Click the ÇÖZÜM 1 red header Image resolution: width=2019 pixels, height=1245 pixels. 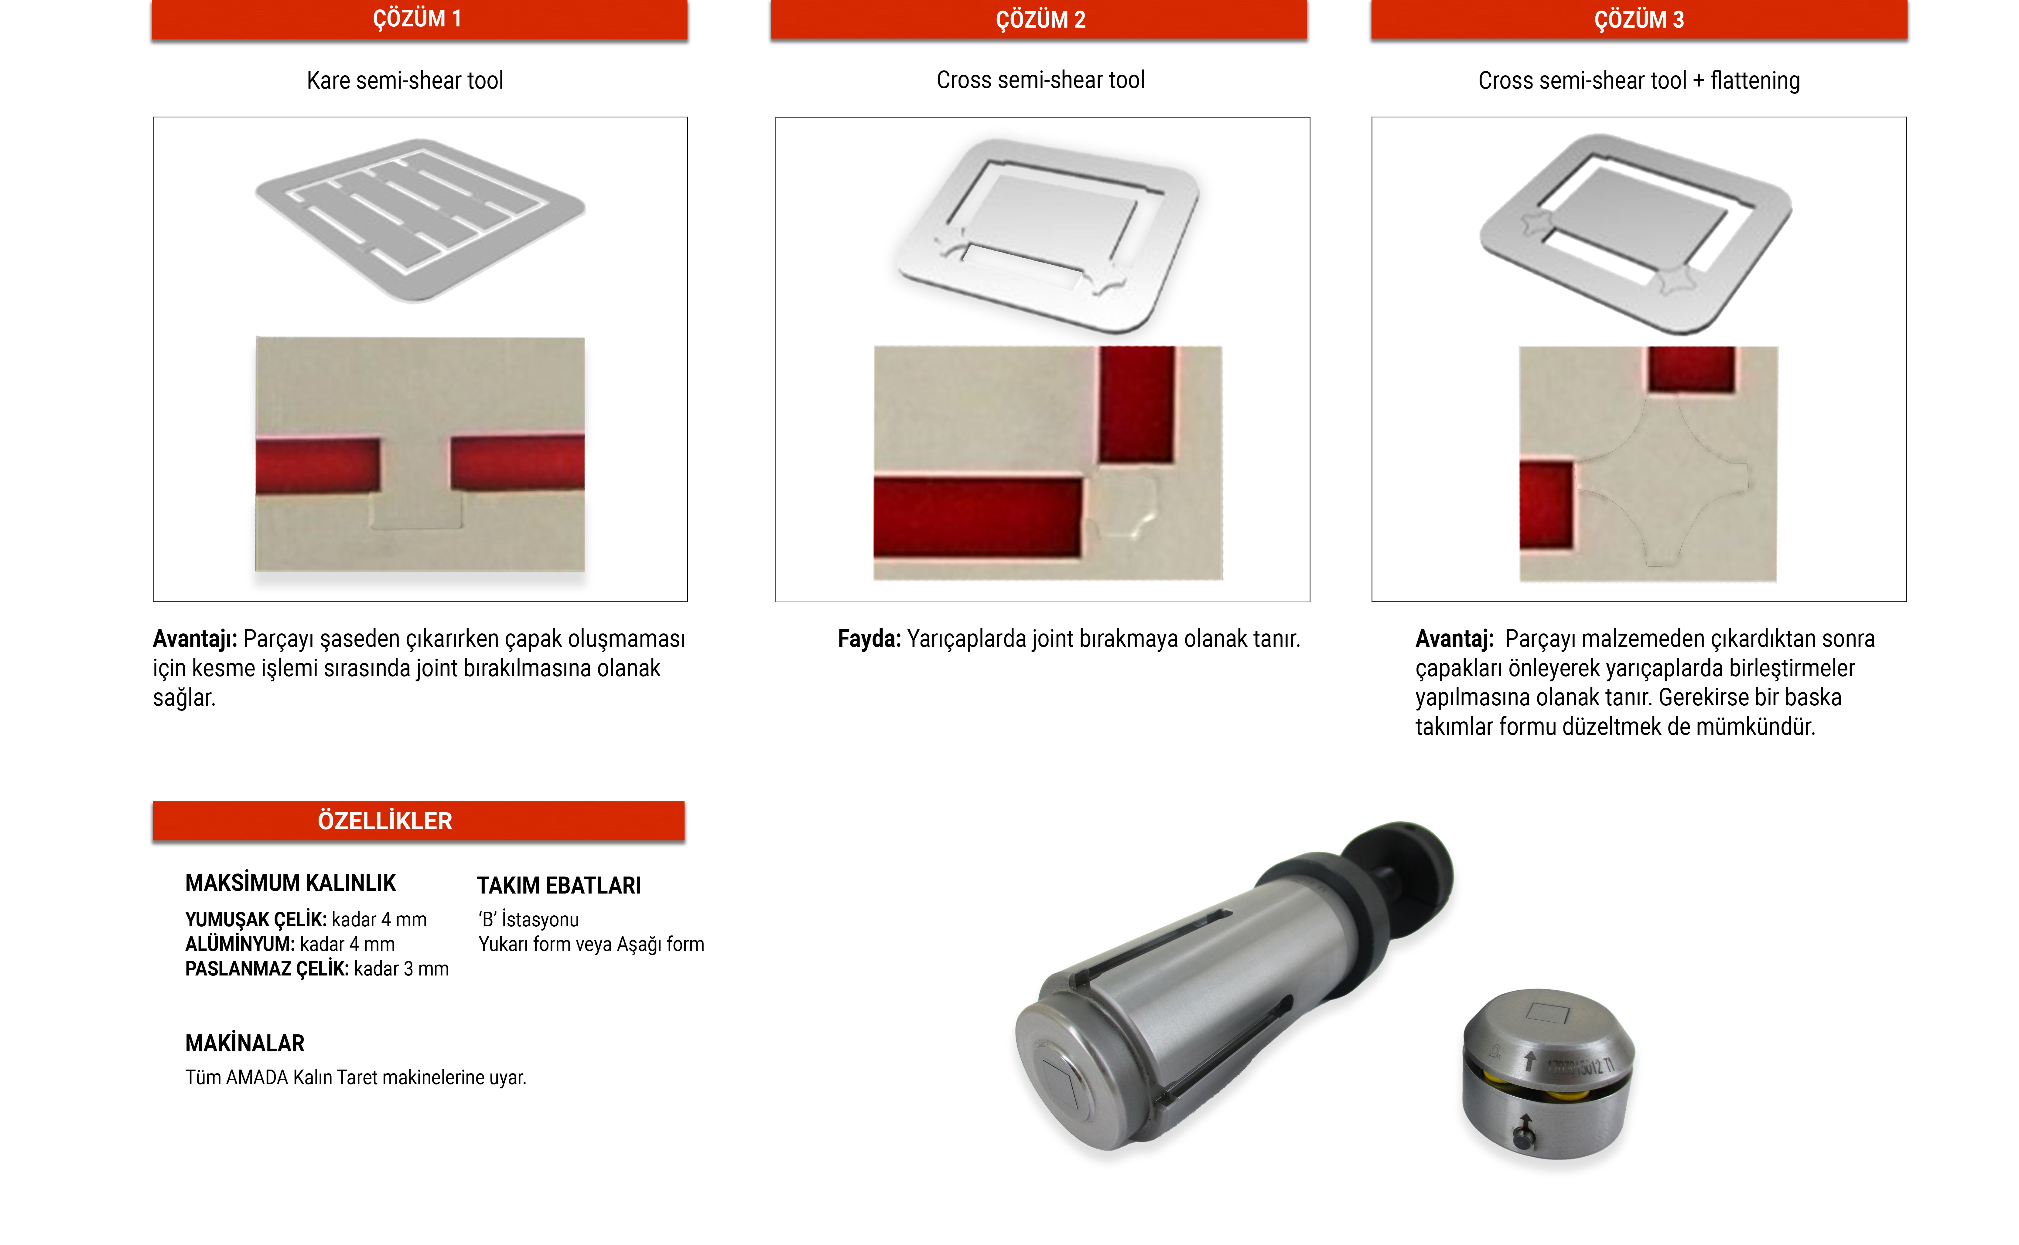pos(419,19)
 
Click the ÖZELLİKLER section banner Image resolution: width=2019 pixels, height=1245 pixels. pos(418,821)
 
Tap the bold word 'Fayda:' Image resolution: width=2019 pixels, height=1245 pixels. pos(869,639)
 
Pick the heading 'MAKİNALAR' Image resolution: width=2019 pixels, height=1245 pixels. pos(245,1043)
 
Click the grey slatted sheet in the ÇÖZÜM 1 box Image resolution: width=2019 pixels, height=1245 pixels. pos(420,219)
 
